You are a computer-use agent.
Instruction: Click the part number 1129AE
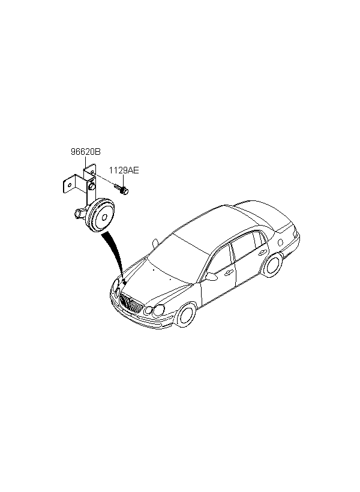tap(124, 171)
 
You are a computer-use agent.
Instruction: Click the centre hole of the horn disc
tap(103, 216)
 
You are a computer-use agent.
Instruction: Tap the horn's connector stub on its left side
tap(80, 212)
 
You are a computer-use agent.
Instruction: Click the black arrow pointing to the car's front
tap(113, 255)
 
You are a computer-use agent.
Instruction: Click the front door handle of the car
tap(229, 272)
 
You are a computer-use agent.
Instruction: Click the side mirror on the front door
tap(211, 277)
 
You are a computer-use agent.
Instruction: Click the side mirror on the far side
tap(155, 242)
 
